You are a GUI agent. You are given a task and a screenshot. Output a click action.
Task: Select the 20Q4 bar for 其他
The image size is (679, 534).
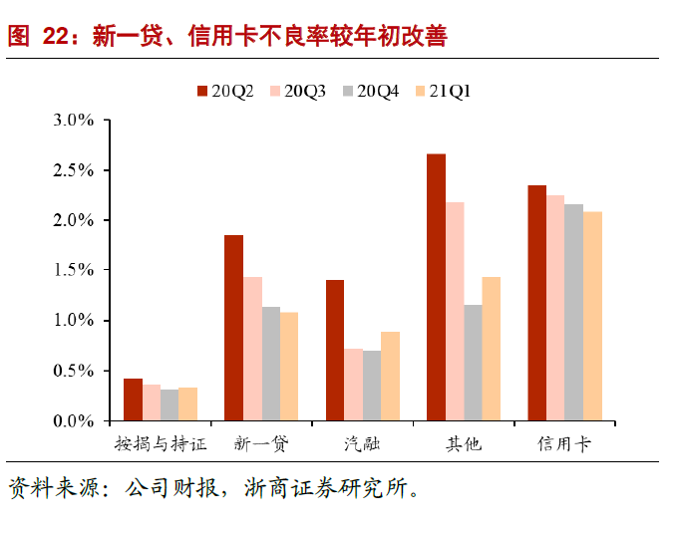click(x=473, y=363)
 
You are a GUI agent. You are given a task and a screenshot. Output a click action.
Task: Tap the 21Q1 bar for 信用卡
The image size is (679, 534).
click(x=593, y=316)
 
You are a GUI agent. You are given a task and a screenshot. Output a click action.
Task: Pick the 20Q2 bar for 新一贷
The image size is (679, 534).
click(x=233, y=328)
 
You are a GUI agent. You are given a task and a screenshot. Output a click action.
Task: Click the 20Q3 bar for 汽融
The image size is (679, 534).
click(x=352, y=385)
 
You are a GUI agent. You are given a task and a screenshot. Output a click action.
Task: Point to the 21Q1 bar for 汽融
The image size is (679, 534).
click(x=390, y=376)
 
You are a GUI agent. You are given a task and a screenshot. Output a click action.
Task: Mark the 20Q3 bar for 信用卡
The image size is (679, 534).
click(x=556, y=308)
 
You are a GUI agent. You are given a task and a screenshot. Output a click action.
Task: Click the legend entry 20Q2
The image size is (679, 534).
click(x=225, y=91)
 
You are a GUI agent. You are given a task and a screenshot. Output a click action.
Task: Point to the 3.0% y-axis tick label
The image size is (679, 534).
click(x=73, y=121)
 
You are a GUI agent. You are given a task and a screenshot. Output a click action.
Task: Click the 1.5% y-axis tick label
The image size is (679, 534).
click(x=73, y=271)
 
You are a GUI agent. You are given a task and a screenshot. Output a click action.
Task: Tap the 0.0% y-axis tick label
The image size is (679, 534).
click(x=73, y=421)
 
